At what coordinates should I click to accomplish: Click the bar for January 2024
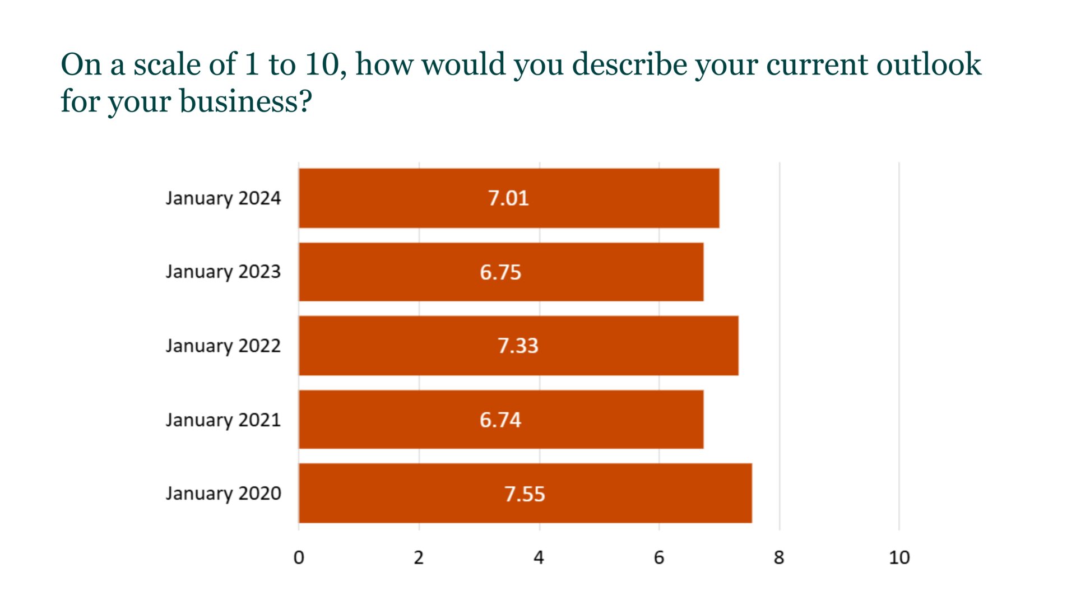(616, 198)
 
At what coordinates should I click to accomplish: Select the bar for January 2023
(605, 272)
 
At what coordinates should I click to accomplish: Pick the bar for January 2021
(605, 420)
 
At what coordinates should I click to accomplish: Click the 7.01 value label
(508, 198)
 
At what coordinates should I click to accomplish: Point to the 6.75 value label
(500, 272)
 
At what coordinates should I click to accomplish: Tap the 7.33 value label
(518, 346)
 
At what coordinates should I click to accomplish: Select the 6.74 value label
(500, 420)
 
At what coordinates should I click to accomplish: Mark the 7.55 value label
(525, 494)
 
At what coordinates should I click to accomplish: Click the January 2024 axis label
(223, 198)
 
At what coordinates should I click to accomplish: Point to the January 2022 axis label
(223, 346)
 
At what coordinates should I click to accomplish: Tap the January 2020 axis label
(223, 494)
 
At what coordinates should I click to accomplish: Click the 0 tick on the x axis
(299, 557)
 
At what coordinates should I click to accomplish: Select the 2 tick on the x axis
(419, 557)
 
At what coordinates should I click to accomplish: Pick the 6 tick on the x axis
(659, 557)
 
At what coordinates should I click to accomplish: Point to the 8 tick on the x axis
(779, 557)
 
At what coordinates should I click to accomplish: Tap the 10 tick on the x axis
(899, 557)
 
